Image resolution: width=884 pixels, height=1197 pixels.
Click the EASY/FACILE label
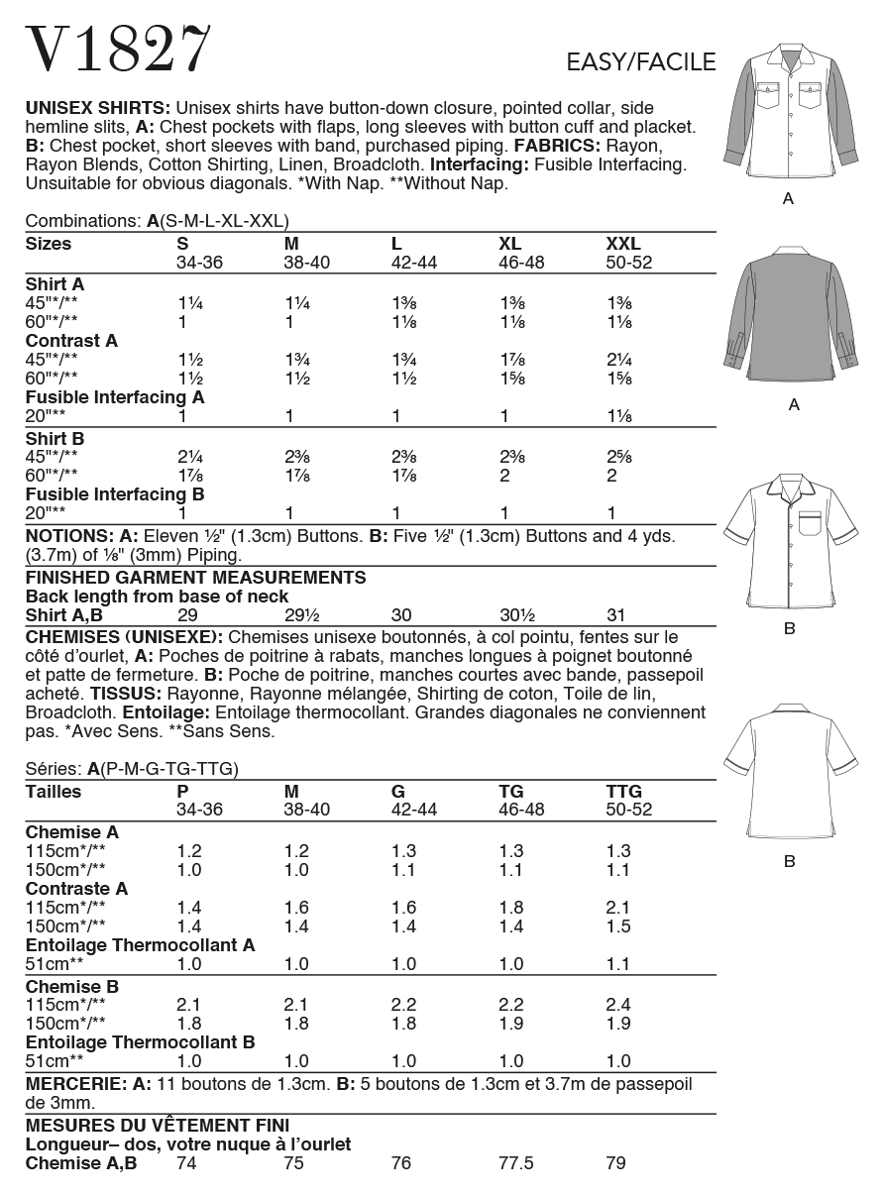click(640, 63)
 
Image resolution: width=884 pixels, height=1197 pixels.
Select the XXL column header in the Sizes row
click(623, 244)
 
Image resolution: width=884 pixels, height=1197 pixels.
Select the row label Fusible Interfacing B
click(115, 493)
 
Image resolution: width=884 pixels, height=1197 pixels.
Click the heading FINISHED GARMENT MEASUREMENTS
click(195, 578)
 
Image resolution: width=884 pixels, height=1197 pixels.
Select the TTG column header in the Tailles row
click(623, 792)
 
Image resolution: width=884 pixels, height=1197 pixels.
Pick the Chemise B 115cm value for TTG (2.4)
click(616, 1006)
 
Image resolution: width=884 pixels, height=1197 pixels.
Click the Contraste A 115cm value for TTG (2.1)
click(616, 908)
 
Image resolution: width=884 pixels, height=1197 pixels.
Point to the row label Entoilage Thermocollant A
click(140, 945)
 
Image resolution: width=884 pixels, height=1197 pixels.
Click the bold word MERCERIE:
click(72, 1084)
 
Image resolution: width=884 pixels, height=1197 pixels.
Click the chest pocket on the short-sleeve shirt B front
click(809, 523)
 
